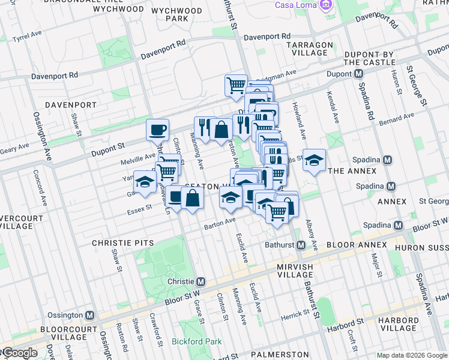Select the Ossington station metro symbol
tap(90, 315)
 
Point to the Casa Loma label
tap(296, 5)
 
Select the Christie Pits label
tap(122, 243)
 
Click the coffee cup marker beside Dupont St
tap(158, 129)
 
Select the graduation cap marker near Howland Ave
tap(314, 160)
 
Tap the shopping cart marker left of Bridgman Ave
tap(236, 85)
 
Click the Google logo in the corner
tap(19, 353)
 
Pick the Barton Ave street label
tap(220, 224)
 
